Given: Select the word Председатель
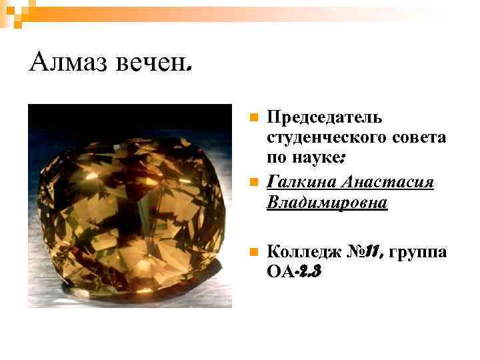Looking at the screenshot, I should pos(324,118).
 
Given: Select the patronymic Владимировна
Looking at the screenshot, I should pos(326,202).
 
